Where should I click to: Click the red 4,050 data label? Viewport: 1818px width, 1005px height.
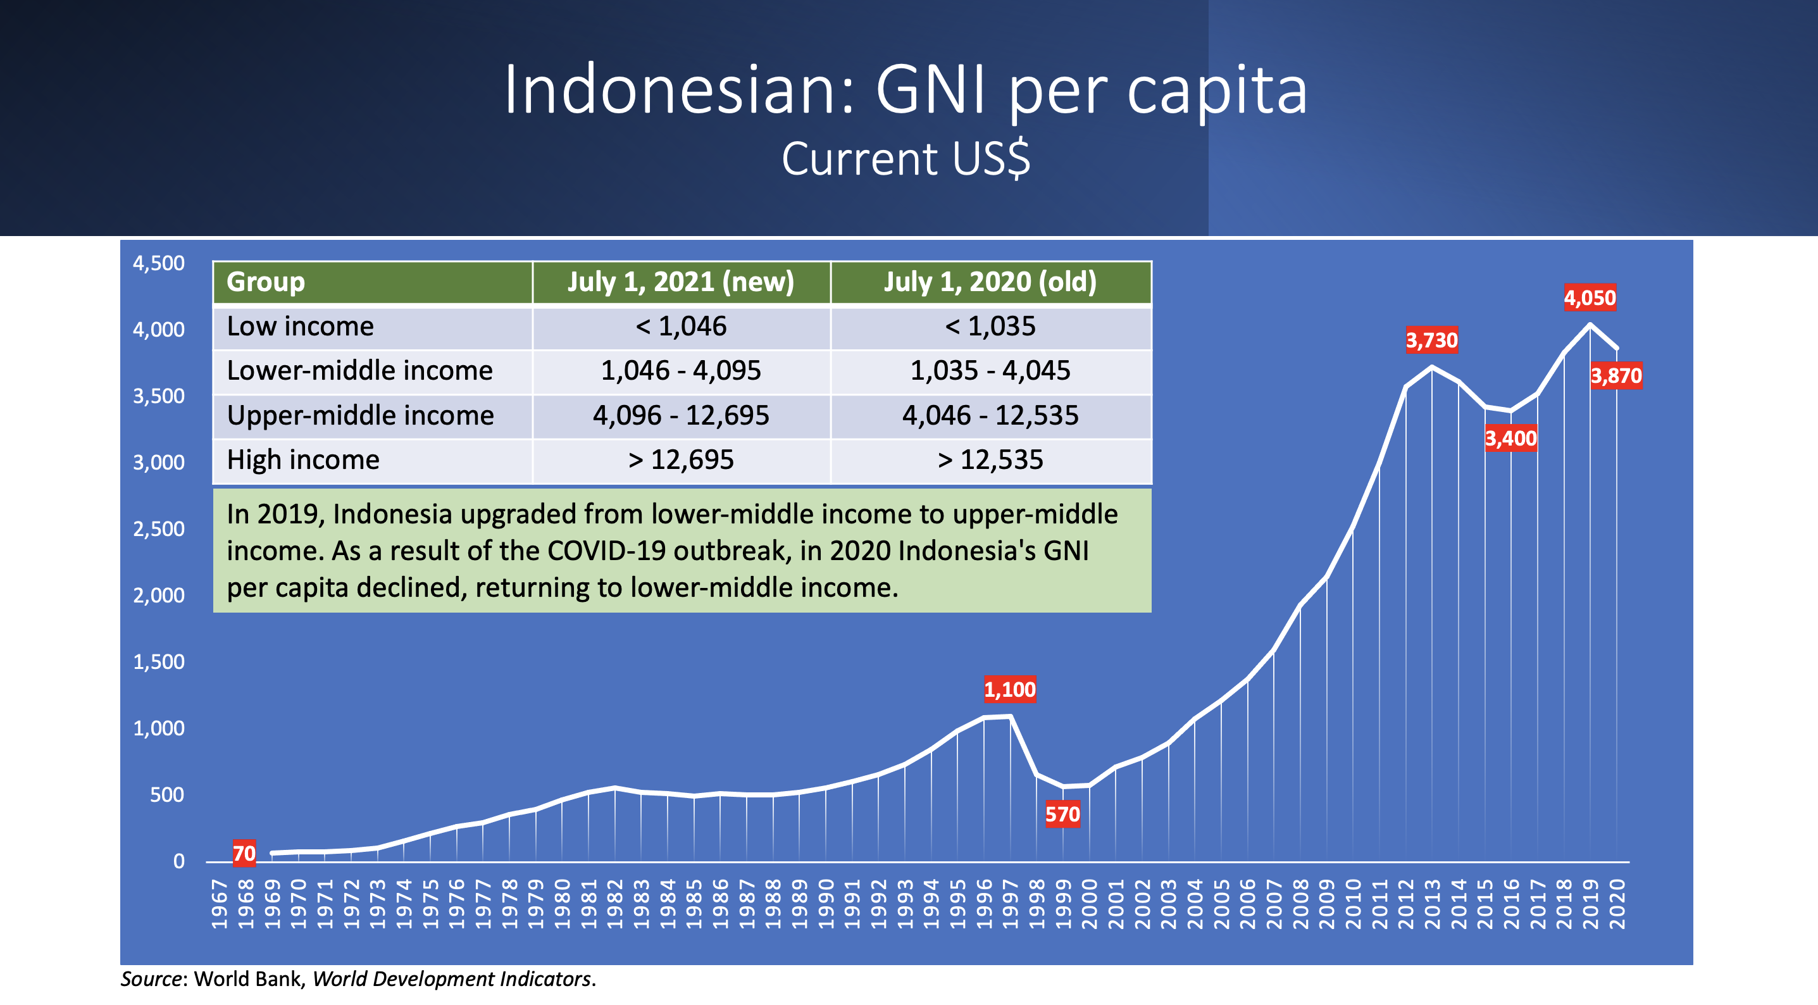click(x=1590, y=298)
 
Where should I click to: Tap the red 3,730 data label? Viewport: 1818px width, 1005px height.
click(x=1431, y=340)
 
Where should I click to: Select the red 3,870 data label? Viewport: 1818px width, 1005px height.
click(x=1616, y=375)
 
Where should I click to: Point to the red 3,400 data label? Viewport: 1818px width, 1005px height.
click(x=1510, y=439)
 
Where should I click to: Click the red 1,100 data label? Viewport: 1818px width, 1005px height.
click(x=1010, y=690)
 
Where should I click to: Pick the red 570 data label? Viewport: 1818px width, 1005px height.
click(x=1062, y=815)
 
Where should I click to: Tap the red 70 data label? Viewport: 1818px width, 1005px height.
click(x=244, y=854)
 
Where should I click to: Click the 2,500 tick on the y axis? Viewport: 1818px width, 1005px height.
click(x=159, y=528)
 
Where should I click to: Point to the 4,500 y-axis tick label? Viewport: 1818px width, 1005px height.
click(x=159, y=263)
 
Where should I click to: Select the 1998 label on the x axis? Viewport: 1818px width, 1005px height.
click(x=1036, y=904)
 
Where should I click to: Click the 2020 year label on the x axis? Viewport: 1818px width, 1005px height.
click(x=1616, y=904)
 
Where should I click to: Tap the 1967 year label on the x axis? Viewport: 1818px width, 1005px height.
click(x=219, y=904)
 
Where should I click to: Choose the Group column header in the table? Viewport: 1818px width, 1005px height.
click(x=265, y=282)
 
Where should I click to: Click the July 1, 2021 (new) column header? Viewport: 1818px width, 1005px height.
click(x=681, y=282)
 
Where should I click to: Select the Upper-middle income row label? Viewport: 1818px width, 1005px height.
click(x=360, y=416)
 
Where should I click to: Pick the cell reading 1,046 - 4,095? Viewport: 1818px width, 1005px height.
click(x=681, y=370)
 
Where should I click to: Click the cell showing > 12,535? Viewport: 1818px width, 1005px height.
click(x=990, y=460)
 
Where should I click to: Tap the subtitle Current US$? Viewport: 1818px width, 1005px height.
click(x=906, y=158)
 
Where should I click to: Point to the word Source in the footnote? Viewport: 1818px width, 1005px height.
click(x=151, y=979)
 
